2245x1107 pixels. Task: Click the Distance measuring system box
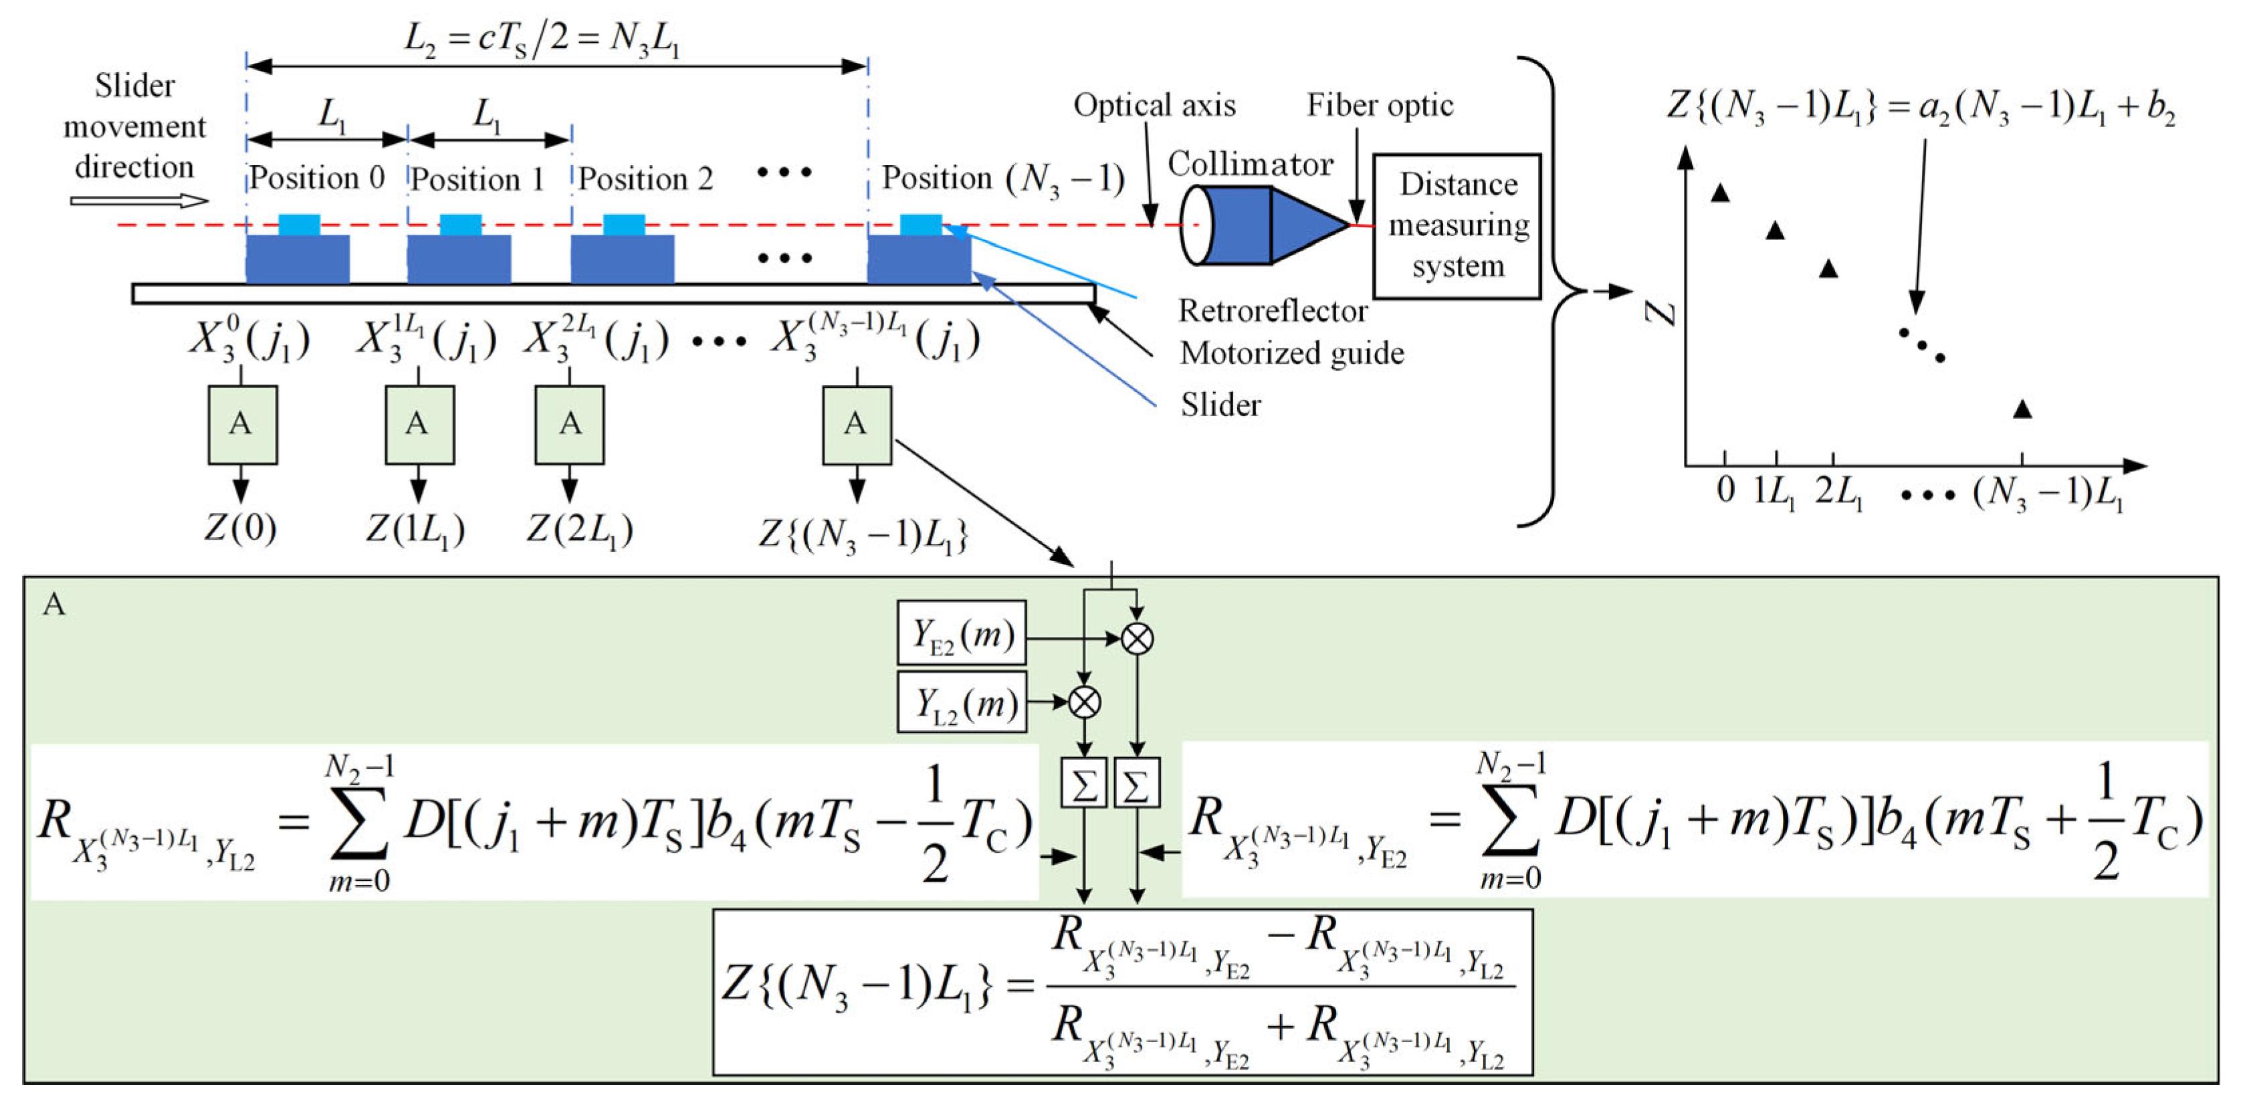(1457, 226)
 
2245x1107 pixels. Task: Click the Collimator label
(1250, 164)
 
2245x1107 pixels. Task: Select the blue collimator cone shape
(1307, 226)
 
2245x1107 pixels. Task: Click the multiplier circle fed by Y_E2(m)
(1136, 639)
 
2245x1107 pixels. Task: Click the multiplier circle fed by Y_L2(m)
(1084, 702)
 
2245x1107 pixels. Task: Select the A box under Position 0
(242, 425)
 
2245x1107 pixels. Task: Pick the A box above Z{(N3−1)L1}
(857, 425)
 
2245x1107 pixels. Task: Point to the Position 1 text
(477, 179)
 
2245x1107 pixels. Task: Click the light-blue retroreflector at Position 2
(624, 225)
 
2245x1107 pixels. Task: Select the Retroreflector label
(1273, 311)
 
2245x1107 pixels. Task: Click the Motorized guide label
(1291, 353)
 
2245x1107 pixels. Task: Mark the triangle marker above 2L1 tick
(1828, 268)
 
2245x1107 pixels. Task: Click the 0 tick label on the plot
(1725, 490)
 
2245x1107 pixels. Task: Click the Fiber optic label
(1380, 106)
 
